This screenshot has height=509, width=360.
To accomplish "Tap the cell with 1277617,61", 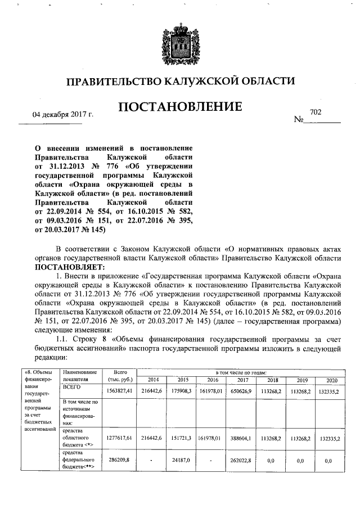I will pos(120,436).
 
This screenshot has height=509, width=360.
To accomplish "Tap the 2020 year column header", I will pos(332,379).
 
